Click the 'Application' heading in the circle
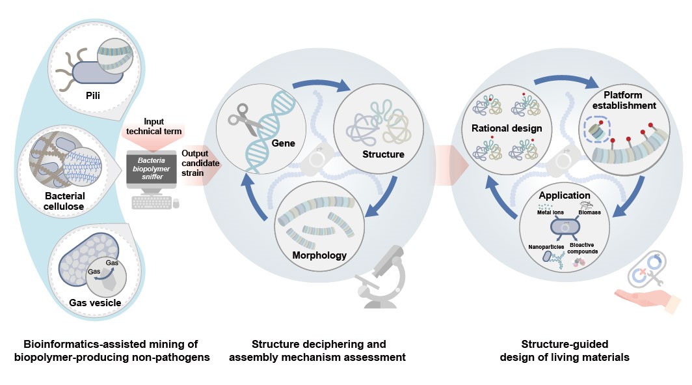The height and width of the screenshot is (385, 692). [x=565, y=195]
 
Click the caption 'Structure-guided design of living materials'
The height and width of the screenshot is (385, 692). [x=576, y=350]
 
